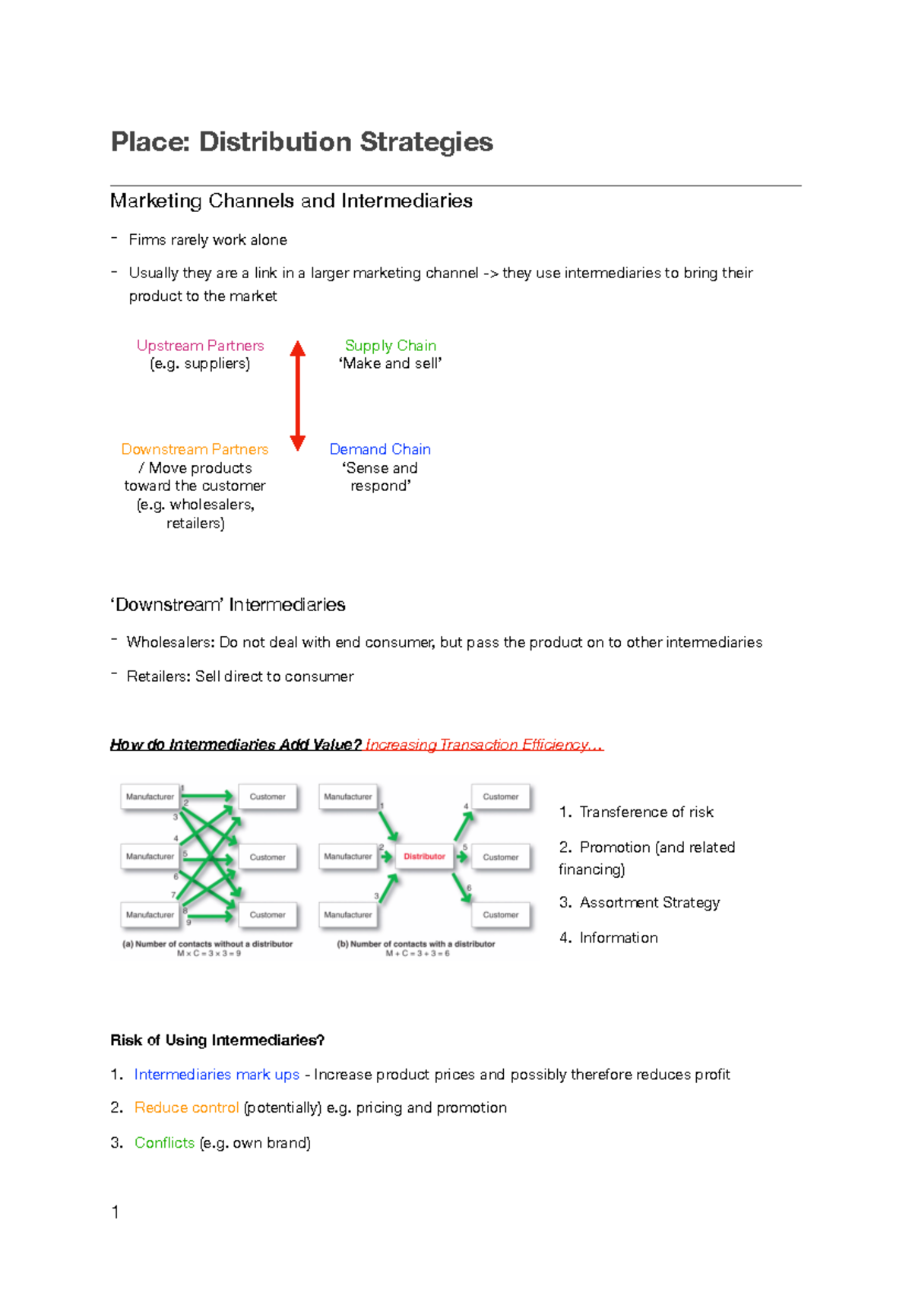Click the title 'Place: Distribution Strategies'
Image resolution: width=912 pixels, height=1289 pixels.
tap(302, 142)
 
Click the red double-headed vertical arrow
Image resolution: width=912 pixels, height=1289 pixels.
tap(298, 395)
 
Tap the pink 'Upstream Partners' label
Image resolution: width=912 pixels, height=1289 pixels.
tap(200, 345)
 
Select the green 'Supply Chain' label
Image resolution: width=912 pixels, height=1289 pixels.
tap(390, 345)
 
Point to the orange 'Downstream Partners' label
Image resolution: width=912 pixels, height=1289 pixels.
tap(195, 449)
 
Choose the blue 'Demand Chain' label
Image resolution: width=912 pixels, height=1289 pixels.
tap(380, 449)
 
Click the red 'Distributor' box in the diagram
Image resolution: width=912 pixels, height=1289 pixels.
tap(424, 857)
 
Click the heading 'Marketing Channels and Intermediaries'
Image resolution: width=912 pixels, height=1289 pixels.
tap(291, 201)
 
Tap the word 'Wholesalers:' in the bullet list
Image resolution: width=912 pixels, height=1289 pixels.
tap(171, 642)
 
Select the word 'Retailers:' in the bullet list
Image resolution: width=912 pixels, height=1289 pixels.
tap(159, 676)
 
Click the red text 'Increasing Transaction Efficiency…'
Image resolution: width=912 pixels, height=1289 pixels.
tap(484, 745)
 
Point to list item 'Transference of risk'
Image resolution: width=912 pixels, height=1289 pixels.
tap(646, 812)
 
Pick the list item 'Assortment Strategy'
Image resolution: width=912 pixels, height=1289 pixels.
tap(649, 902)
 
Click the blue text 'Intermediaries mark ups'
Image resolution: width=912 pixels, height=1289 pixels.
tap(217, 1074)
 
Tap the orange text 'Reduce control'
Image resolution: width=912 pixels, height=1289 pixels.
tap(186, 1107)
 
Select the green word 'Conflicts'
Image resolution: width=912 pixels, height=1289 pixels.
tap(164, 1142)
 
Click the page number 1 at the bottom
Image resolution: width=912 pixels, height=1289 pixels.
tap(116, 1212)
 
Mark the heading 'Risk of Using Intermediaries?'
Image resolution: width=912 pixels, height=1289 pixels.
tap(217, 1040)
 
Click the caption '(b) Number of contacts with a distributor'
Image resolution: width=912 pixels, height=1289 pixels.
tap(416, 944)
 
